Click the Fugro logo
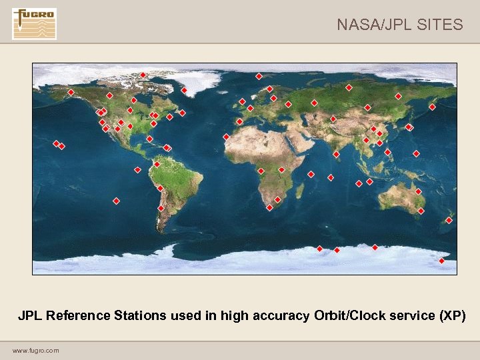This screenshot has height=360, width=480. [x=34, y=24]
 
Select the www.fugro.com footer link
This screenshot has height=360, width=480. [x=35, y=350]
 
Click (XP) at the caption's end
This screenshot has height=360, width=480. [x=453, y=315]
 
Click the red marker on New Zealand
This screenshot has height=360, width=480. [x=449, y=220]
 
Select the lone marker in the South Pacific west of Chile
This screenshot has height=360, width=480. [x=116, y=201]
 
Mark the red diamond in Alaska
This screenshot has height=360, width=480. [x=71, y=92]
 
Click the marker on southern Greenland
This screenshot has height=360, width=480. [x=184, y=90]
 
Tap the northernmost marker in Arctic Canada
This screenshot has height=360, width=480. [x=143, y=75]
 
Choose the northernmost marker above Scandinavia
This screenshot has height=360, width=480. [x=259, y=76]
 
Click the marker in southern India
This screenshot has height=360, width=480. [x=336, y=154]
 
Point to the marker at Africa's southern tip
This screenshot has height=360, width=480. [x=269, y=207]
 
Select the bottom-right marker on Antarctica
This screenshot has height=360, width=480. [x=441, y=261]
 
